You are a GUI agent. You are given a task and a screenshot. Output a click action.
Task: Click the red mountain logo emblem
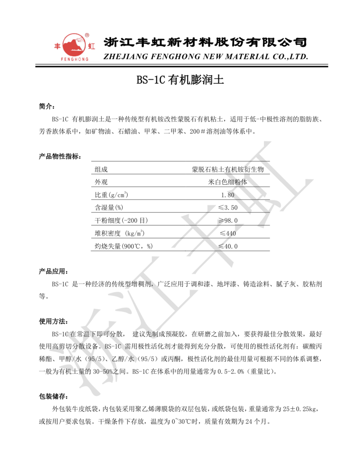(x=74, y=45)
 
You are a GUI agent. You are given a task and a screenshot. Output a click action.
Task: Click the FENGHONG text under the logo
(x=74, y=59)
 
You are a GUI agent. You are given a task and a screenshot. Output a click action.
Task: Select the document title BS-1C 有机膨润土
(x=180, y=80)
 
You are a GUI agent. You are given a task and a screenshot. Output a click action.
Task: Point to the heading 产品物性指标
(x=60, y=156)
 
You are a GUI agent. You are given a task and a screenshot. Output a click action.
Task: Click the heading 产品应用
(x=53, y=272)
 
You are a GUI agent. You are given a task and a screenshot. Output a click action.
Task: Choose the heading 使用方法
(x=53, y=321)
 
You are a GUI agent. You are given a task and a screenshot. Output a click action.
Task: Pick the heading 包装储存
(x=53, y=396)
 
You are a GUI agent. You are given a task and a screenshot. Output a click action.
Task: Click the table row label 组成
(x=101, y=170)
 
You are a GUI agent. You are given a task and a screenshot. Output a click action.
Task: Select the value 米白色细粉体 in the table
(x=228, y=182)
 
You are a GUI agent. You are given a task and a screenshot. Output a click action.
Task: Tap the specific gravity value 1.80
(x=228, y=195)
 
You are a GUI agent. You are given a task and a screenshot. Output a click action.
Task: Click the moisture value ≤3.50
(x=228, y=208)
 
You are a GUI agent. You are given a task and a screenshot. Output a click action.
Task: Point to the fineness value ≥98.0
(x=228, y=221)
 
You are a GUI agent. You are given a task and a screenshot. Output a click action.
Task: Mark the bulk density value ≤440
(x=228, y=233)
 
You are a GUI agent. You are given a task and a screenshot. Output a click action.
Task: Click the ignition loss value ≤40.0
(x=228, y=246)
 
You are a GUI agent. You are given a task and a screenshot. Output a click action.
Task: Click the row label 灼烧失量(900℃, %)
(x=123, y=246)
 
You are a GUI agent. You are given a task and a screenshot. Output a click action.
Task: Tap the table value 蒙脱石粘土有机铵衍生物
(x=228, y=170)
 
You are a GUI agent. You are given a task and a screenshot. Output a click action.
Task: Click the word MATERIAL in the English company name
(x=247, y=57)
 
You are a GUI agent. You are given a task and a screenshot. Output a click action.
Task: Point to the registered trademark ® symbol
(x=87, y=35)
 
